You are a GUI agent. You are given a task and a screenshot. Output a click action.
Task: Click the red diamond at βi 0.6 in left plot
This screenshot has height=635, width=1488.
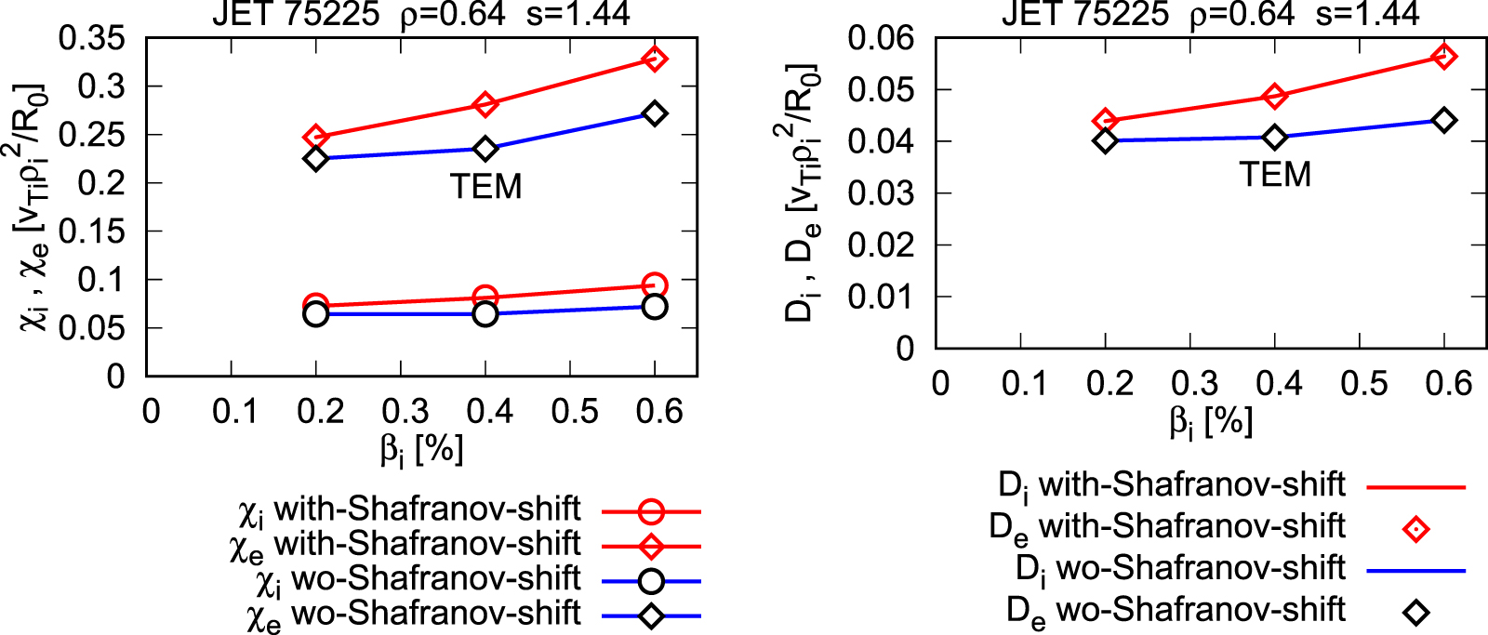click(655, 60)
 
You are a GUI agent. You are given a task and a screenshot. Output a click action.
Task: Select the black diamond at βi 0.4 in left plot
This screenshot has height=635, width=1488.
click(485, 149)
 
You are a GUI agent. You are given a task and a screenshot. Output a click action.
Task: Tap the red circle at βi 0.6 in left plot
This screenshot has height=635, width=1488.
click(655, 284)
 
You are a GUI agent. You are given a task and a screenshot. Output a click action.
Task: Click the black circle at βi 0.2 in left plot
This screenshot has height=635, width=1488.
click(316, 314)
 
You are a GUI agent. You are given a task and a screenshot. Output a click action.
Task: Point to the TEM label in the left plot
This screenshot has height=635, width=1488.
click(485, 187)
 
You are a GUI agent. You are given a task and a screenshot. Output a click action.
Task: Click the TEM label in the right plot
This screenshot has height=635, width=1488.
click(1275, 175)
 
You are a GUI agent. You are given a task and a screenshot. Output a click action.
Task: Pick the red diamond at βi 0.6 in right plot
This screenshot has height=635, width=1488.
click(1444, 57)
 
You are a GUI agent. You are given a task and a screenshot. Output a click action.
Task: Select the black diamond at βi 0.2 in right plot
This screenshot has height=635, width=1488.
click(1105, 141)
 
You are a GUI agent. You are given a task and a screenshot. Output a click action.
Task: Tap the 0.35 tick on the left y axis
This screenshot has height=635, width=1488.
click(91, 39)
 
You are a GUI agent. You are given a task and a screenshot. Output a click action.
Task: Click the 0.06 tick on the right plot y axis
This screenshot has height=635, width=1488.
click(881, 38)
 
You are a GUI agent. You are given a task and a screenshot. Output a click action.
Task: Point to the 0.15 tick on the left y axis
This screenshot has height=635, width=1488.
click(91, 232)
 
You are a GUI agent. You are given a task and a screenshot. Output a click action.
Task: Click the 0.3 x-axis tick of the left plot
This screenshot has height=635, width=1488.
click(405, 411)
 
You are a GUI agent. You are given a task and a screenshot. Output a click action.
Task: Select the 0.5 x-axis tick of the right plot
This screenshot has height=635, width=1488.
click(1364, 383)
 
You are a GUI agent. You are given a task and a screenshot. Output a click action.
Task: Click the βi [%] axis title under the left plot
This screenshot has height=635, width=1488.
click(420, 450)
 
